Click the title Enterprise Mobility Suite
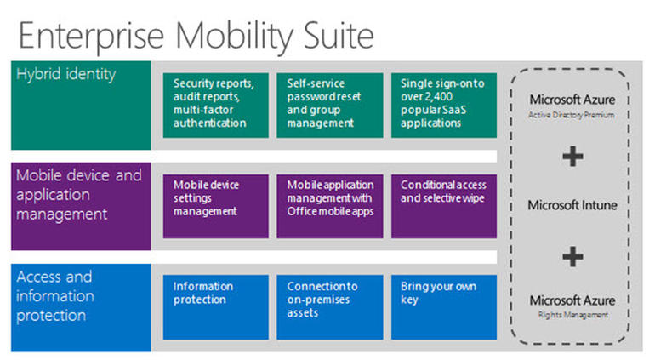tap(196, 35)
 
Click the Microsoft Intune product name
tap(572, 205)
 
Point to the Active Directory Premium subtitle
tap(572, 113)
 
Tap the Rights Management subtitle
tap(572, 316)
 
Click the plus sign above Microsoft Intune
tap(572, 157)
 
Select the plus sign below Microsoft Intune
tap(572, 255)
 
